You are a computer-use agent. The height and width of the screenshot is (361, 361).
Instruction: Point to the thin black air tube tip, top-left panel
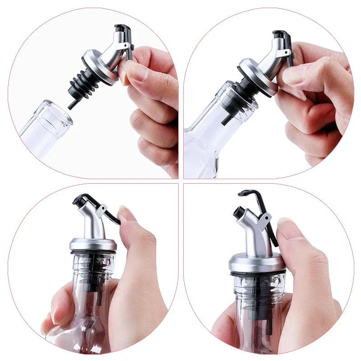[72, 105]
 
